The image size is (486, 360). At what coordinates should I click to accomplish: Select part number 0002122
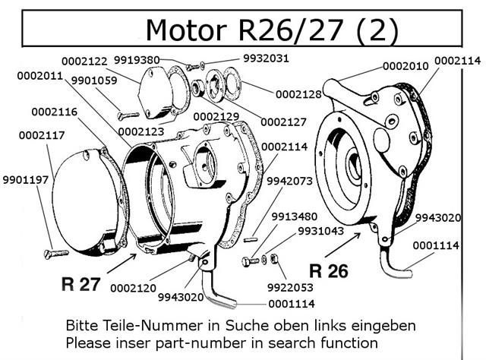(86, 60)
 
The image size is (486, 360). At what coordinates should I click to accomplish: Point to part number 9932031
(266, 58)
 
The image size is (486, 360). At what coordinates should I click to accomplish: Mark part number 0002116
(54, 112)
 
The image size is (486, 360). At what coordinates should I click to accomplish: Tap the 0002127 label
(283, 122)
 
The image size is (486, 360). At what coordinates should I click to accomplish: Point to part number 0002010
(406, 66)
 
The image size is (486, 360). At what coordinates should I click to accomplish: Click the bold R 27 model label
(80, 284)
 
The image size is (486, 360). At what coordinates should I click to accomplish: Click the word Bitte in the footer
(84, 325)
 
